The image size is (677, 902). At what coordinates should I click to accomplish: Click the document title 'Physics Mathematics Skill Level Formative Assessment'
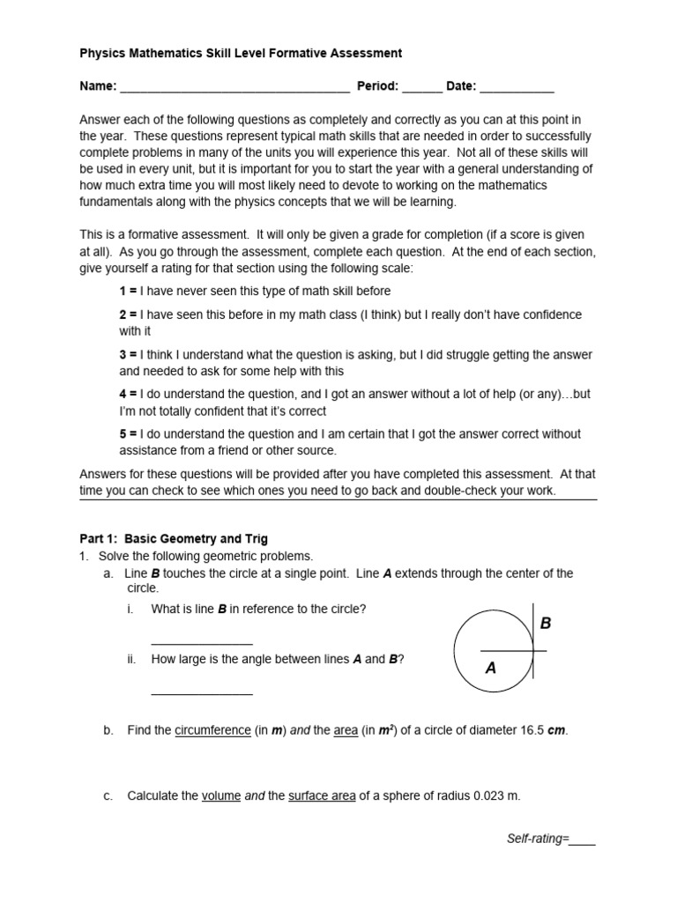point(241,54)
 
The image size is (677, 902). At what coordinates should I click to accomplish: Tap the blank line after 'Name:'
point(234,87)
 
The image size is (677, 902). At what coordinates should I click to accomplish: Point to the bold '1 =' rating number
point(128,291)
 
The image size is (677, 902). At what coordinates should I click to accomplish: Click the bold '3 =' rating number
point(128,355)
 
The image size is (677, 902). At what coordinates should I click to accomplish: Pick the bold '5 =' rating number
point(128,434)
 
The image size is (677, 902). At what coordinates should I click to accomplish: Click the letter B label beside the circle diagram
point(545,624)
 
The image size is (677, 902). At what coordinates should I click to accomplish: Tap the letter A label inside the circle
point(491,669)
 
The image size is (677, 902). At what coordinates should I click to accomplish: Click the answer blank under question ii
point(202,694)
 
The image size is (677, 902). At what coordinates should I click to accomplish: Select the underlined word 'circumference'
point(212,731)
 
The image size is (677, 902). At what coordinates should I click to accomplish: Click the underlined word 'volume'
point(221,796)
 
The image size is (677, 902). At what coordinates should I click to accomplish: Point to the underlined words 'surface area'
point(322,796)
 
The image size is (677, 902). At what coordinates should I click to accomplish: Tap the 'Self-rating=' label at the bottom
point(536,840)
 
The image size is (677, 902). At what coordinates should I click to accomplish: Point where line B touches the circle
point(532,651)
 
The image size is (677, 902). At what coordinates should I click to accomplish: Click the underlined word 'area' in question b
point(346,731)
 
